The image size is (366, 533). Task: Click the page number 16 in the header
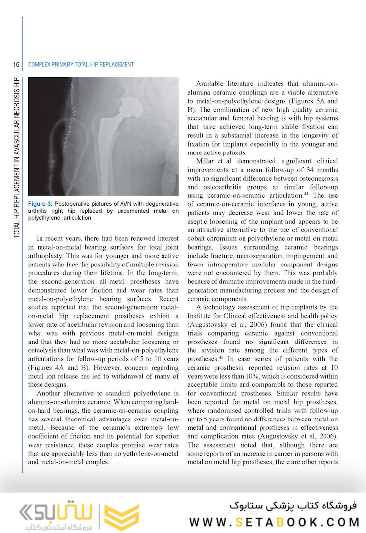coord(16,65)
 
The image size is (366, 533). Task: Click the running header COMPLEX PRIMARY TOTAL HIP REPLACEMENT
coord(81,65)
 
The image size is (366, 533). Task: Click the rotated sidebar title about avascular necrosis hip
coord(17,158)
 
